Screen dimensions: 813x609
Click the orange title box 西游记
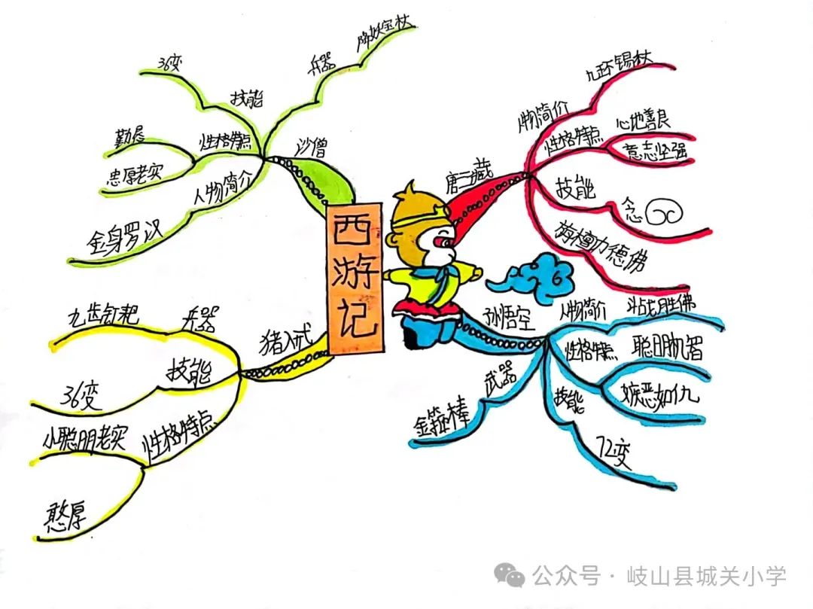tap(353, 278)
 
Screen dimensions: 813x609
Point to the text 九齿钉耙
tap(103, 315)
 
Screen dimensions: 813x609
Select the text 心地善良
tap(643, 118)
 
